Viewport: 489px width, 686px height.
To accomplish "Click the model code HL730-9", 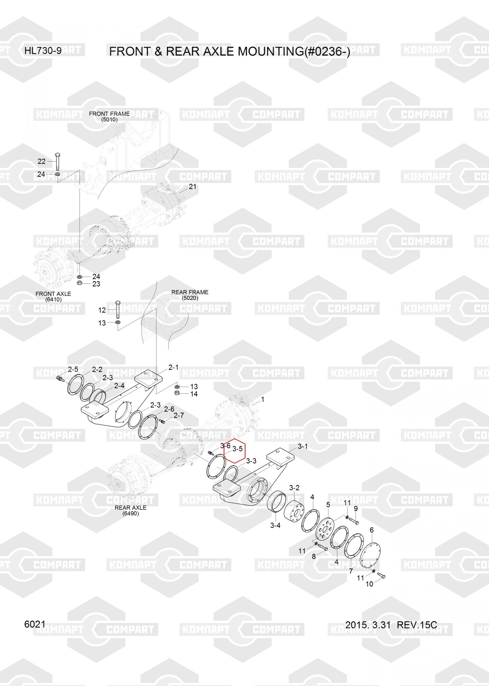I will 43,51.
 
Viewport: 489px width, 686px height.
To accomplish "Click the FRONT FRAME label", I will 109,114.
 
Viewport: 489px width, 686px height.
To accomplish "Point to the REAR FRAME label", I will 190,292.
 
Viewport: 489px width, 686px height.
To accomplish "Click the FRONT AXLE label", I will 53,294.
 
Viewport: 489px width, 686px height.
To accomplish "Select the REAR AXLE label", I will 130,508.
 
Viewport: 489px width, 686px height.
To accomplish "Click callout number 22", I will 42,161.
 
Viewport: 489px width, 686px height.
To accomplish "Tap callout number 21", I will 193,187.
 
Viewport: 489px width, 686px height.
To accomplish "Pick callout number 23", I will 96,284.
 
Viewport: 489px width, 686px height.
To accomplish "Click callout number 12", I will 102,310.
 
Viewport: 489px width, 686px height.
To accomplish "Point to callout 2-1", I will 173,367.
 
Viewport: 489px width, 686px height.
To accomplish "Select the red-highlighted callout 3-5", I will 237,449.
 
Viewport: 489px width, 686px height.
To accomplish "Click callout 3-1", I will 302,446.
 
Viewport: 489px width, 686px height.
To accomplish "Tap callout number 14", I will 194,394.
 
